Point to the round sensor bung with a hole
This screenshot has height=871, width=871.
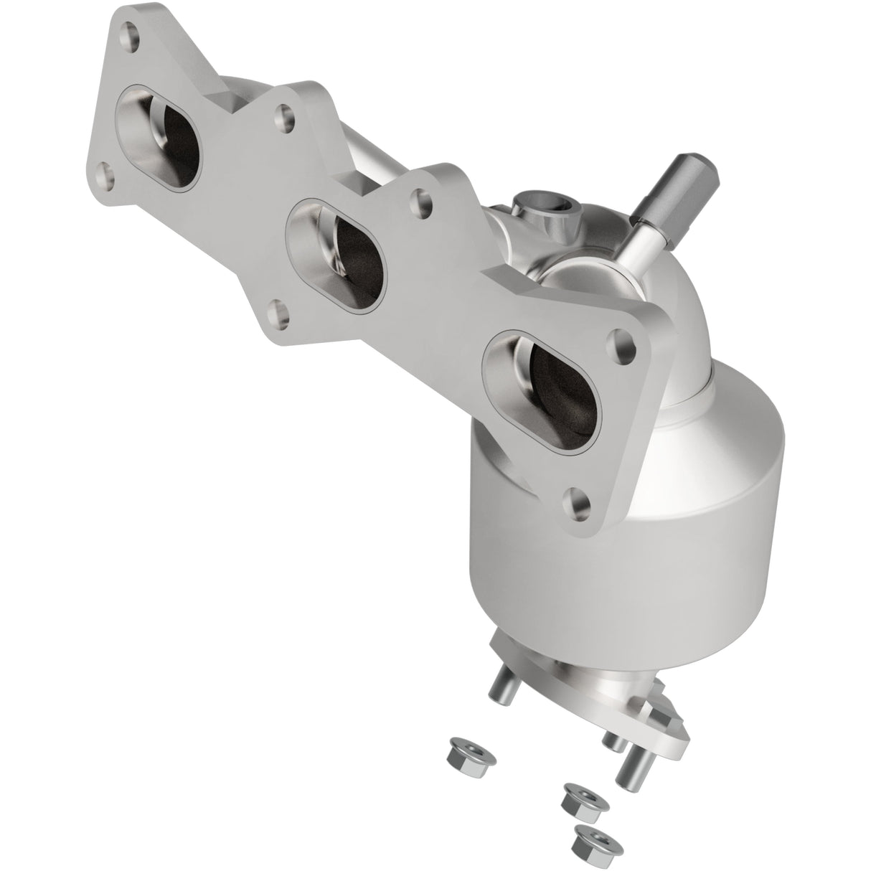pyautogui.click(x=545, y=215)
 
